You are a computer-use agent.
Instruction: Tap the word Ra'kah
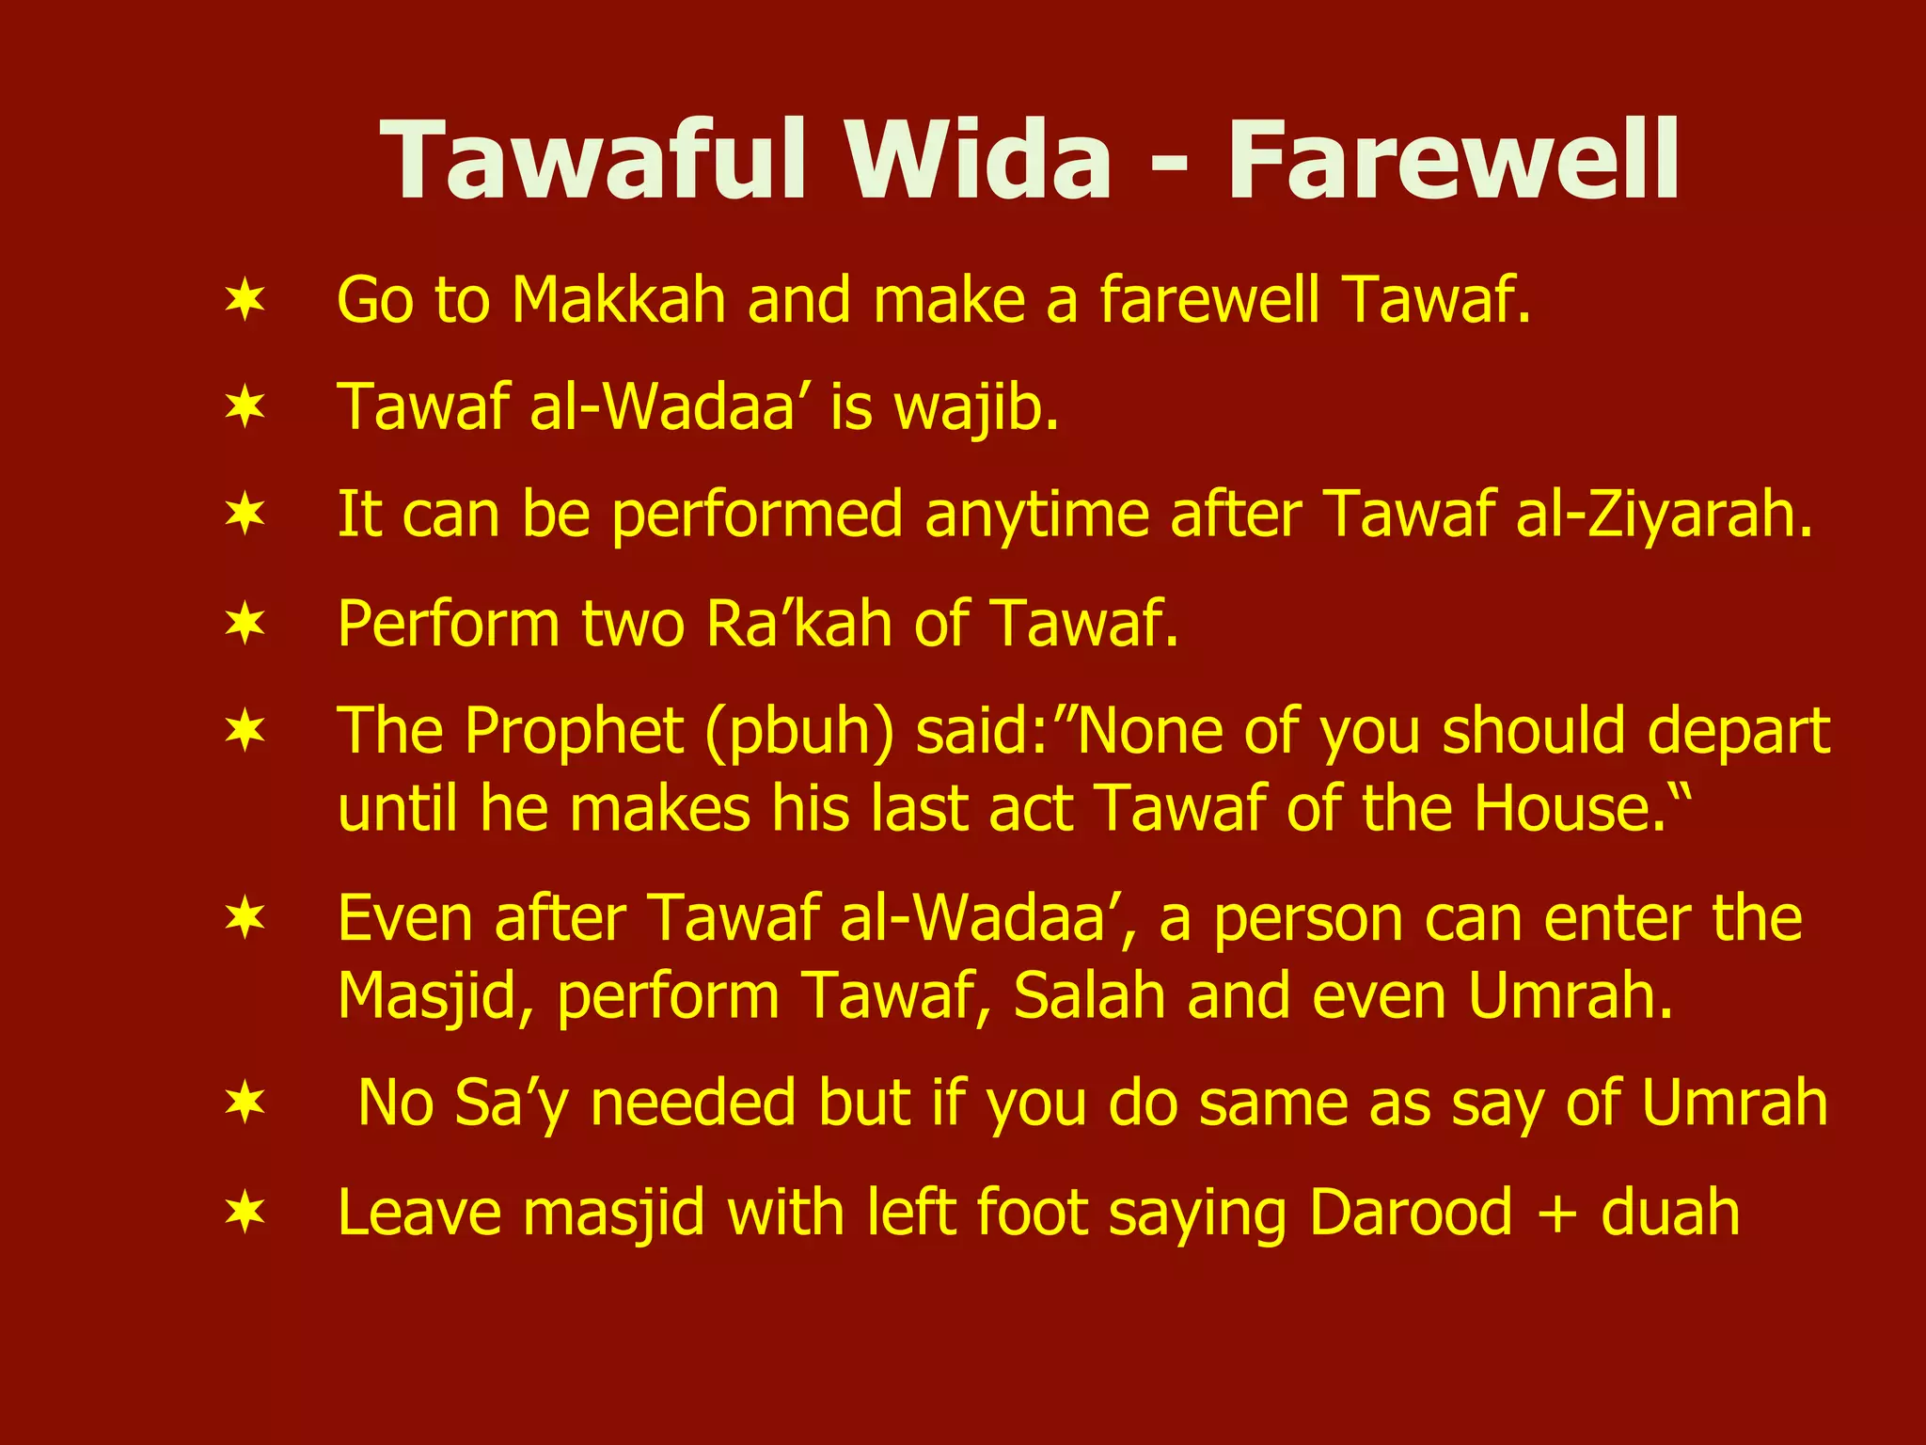[x=798, y=623]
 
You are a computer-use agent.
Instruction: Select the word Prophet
[x=575, y=731]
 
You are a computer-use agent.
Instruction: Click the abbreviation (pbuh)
[x=799, y=731]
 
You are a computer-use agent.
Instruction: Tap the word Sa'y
[x=512, y=1103]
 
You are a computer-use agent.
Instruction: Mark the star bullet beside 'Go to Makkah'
[x=245, y=300]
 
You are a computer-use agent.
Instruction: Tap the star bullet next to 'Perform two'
[x=245, y=623]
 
